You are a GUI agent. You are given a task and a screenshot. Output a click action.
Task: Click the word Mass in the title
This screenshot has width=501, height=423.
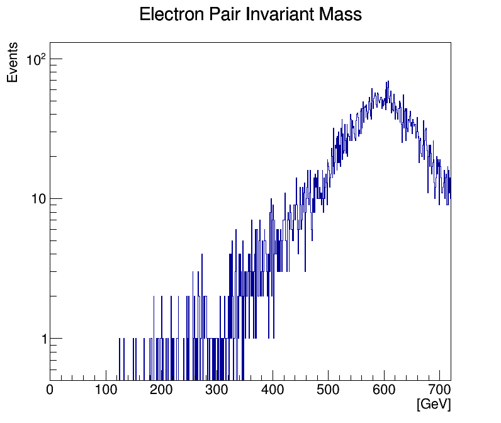click(342, 14)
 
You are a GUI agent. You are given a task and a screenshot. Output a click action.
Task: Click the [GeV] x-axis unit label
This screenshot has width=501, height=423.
click(434, 404)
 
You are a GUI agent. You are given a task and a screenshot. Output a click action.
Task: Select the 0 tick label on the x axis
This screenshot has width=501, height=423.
click(50, 390)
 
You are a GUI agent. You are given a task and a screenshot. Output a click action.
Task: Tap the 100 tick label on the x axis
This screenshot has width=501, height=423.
click(106, 390)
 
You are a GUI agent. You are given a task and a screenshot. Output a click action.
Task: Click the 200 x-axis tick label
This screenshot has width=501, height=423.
click(161, 390)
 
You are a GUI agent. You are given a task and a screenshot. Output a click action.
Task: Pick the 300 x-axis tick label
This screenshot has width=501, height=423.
click(217, 390)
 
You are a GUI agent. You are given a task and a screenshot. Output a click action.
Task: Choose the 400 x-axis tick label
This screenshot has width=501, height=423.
click(273, 390)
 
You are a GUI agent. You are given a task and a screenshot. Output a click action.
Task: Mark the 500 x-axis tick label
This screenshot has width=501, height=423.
click(328, 390)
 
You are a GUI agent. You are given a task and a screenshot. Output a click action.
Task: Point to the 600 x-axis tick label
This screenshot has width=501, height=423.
click(384, 390)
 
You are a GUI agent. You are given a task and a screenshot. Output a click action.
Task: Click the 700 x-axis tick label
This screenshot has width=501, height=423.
click(439, 390)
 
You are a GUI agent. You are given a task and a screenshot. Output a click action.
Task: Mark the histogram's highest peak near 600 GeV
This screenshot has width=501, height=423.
click(388, 82)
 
